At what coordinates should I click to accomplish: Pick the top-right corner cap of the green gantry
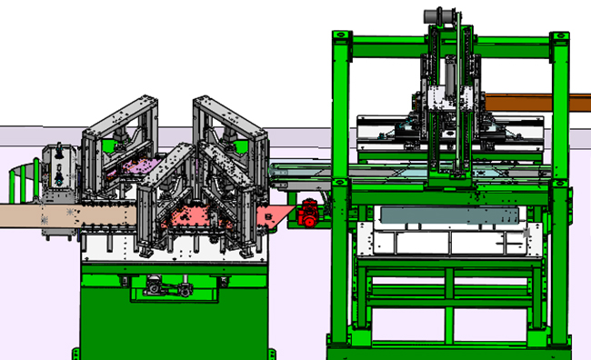tap(560, 37)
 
